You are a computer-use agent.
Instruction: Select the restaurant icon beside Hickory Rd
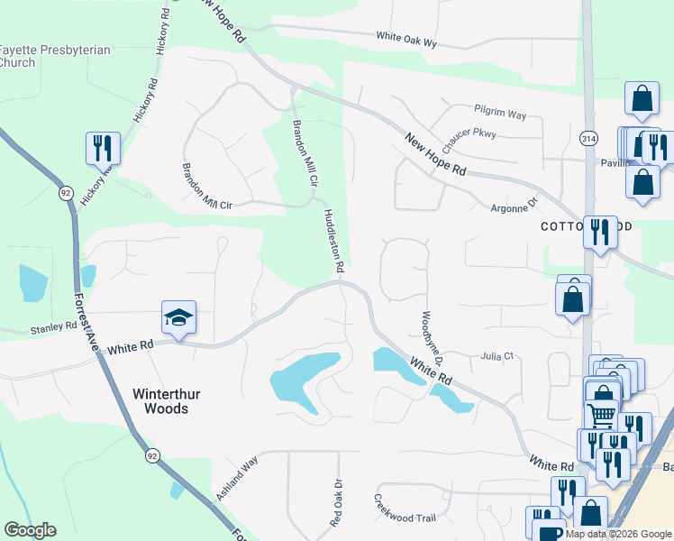pyautogui.click(x=102, y=147)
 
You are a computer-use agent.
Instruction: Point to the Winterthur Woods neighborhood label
pyautogui.click(x=160, y=401)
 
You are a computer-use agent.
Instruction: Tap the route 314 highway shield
pyautogui.click(x=588, y=139)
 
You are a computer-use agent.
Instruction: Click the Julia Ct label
pyautogui.click(x=496, y=356)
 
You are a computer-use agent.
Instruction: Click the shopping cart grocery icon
pyautogui.click(x=601, y=417)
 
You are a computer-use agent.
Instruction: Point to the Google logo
pyautogui.click(x=30, y=530)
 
